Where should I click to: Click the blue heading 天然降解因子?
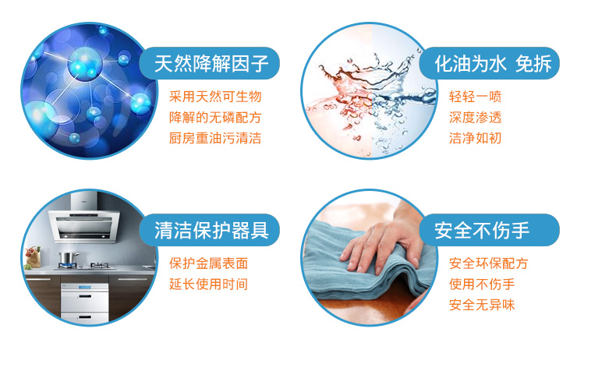point(211,64)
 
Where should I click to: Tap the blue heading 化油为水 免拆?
point(493,64)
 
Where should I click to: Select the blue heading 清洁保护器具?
point(211,230)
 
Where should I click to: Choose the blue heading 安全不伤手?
point(482,230)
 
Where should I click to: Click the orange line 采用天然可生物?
point(215,97)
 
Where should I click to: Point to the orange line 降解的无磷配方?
point(215,117)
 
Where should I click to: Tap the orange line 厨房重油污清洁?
point(215,138)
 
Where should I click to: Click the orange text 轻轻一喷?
point(476,97)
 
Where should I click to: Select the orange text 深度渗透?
point(476,117)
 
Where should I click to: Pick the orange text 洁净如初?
point(476,138)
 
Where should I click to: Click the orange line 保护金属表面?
point(209,263)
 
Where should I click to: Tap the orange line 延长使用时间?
point(209,284)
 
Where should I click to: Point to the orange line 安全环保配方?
point(488,263)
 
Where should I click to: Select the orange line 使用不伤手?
point(482,284)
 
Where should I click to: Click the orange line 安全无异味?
point(482,305)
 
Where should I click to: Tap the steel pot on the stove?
point(68,259)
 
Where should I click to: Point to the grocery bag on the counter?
point(33,257)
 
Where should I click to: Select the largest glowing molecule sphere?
point(84,63)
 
